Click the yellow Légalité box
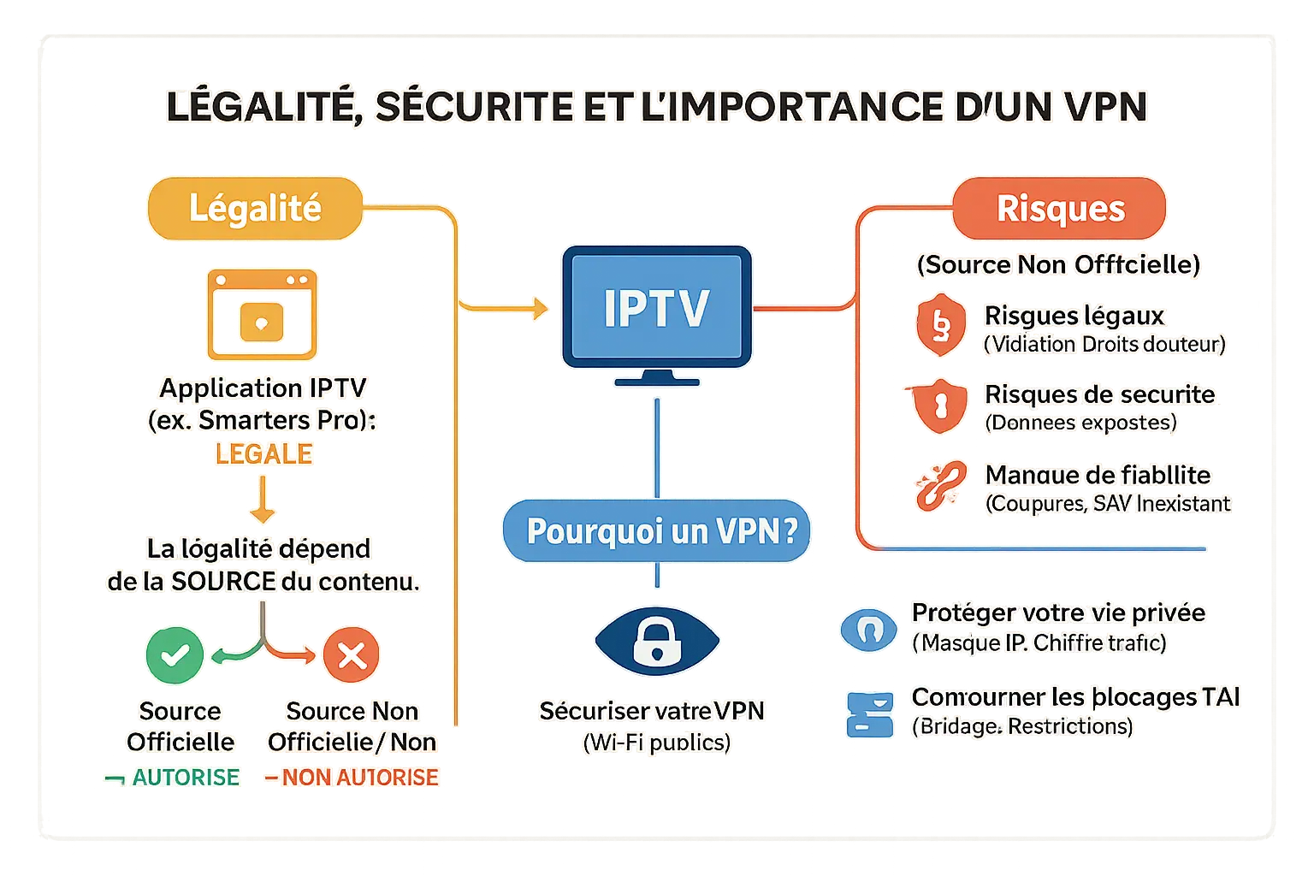(x=255, y=209)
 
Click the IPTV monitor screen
(x=656, y=307)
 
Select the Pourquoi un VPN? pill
(x=656, y=531)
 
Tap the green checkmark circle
(x=175, y=655)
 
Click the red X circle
(x=351, y=655)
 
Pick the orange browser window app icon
(x=262, y=315)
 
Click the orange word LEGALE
(x=263, y=454)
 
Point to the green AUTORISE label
(x=185, y=778)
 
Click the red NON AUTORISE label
(x=359, y=778)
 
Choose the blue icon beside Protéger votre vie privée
(x=868, y=630)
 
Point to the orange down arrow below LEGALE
(x=262, y=501)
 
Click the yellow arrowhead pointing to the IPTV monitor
(x=540, y=307)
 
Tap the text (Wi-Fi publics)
(x=656, y=743)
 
